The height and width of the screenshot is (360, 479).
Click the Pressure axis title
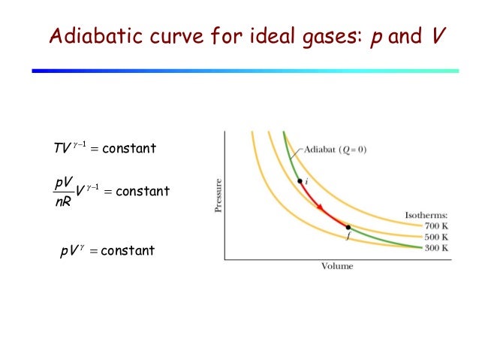click(218, 195)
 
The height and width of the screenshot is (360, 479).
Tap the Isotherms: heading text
click(427, 215)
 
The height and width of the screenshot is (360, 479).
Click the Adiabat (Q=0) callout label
click(336, 149)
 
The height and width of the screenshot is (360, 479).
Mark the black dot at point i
click(300, 182)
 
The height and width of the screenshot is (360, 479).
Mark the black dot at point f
click(348, 226)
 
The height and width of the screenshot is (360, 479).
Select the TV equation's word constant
click(128, 148)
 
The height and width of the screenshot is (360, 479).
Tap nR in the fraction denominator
click(63, 201)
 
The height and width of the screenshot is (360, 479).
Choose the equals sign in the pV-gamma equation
click(93, 250)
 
